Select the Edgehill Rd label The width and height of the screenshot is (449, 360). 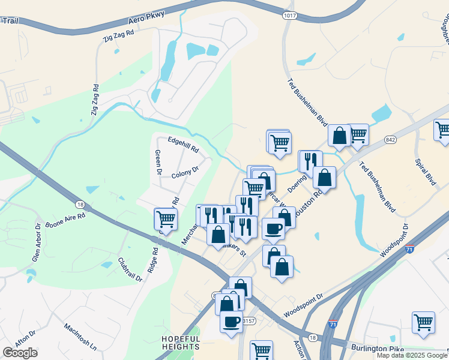183,144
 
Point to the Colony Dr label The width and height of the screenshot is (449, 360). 184,173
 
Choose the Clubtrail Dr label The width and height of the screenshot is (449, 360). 130,269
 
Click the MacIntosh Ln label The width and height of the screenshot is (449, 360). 80,337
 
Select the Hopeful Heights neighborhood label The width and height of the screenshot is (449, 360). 180,343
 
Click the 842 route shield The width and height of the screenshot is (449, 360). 391,140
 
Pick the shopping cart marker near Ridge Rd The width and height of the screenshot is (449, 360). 165,219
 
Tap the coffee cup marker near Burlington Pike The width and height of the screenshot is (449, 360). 232,322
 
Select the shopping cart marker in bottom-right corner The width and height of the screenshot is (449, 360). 423,322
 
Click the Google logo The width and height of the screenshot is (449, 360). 20,353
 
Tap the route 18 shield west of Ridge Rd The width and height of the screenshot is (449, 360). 79,205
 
